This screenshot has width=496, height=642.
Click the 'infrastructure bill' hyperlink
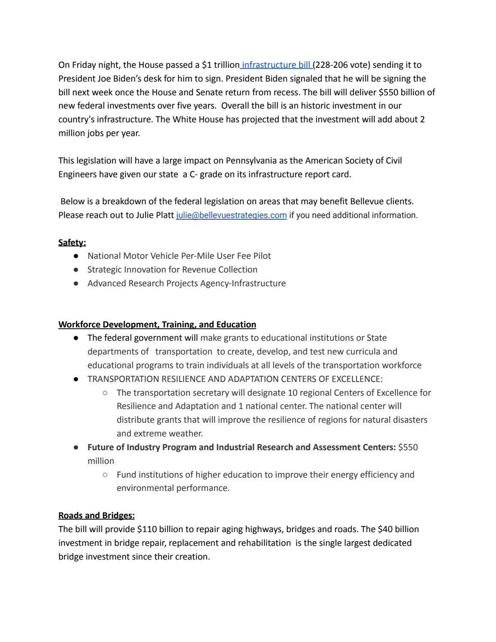277,65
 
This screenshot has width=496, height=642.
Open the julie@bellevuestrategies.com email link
231,215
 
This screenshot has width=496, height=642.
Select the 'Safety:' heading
72,242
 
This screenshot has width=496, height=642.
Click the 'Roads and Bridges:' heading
97,515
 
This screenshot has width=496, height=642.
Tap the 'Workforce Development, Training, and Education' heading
157,324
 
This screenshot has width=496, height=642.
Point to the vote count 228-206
333,65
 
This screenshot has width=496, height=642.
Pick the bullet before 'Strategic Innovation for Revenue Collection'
76,270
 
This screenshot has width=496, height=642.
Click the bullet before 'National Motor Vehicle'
76,256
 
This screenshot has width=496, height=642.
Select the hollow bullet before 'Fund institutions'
105,475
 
